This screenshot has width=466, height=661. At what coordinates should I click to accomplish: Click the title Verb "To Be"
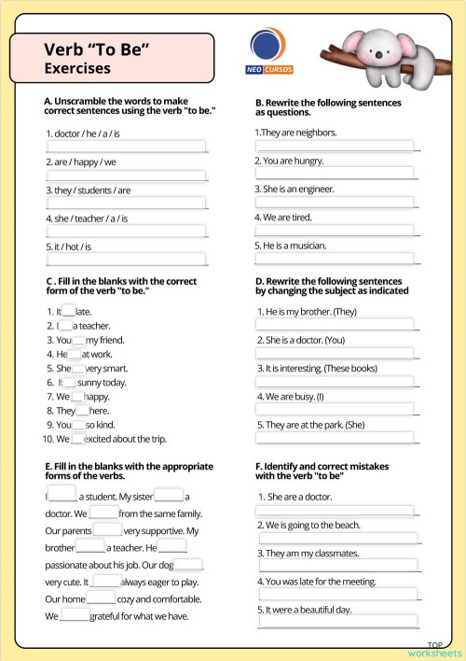(97, 49)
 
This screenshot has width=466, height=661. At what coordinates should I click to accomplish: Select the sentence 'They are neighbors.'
(297, 133)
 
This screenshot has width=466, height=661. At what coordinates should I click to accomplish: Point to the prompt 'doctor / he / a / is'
(83, 134)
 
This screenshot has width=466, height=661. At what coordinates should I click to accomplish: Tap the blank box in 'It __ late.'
(68, 311)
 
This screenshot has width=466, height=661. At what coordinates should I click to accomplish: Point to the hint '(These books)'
(350, 368)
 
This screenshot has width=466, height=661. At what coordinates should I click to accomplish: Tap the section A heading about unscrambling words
(129, 105)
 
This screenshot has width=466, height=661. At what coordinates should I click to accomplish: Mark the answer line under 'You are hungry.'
(336, 173)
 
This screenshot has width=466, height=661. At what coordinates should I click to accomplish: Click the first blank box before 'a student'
(62, 494)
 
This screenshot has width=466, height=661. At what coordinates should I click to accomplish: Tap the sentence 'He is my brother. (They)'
(311, 311)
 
